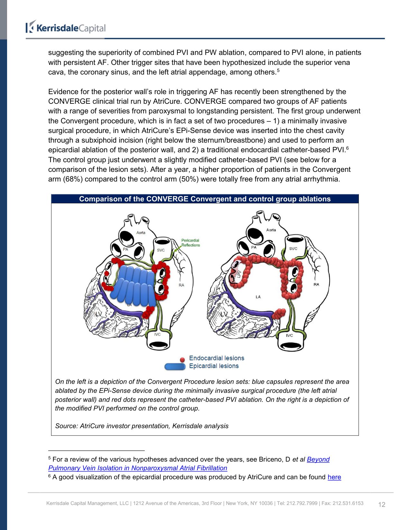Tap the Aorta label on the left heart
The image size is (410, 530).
coord(141,233)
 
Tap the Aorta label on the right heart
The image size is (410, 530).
coord(271,230)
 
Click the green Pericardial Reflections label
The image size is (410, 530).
coord(190,243)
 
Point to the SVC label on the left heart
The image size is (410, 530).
coord(161,250)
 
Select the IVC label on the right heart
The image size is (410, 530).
coord(290,335)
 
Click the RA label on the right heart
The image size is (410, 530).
coord(316,284)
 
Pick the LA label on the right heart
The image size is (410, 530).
coord(258,297)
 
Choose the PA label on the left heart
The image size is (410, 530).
coord(126,249)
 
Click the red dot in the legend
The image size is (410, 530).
coord(182,359)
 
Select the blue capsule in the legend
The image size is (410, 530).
coord(175,367)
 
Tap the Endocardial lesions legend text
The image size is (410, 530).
coord(216,358)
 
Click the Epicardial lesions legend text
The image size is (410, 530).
coord(214,366)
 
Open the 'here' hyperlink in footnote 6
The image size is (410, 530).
coord(334,477)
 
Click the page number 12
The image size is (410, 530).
coord(382,504)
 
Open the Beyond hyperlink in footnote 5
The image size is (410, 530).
coord(318,459)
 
